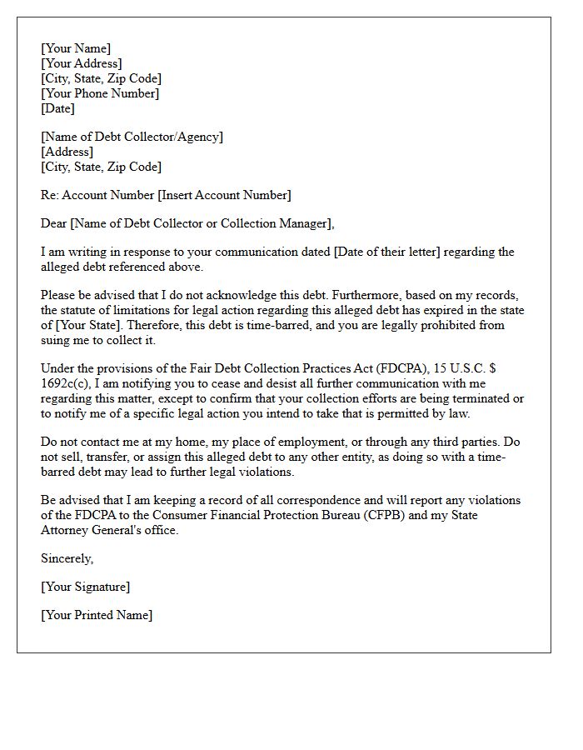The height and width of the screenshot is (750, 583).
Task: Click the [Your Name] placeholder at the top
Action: tap(76, 48)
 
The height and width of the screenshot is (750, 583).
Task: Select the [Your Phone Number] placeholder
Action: tap(100, 93)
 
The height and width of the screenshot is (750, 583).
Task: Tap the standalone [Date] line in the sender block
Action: tap(57, 108)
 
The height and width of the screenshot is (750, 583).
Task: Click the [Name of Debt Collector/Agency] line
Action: tap(132, 137)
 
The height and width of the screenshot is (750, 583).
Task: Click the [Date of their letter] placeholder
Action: tap(387, 252)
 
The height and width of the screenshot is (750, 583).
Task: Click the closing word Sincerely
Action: tap(67, 558)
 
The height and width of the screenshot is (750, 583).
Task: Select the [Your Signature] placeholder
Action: tap(85, 587)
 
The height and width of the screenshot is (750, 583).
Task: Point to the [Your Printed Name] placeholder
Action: tap(97, 615)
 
